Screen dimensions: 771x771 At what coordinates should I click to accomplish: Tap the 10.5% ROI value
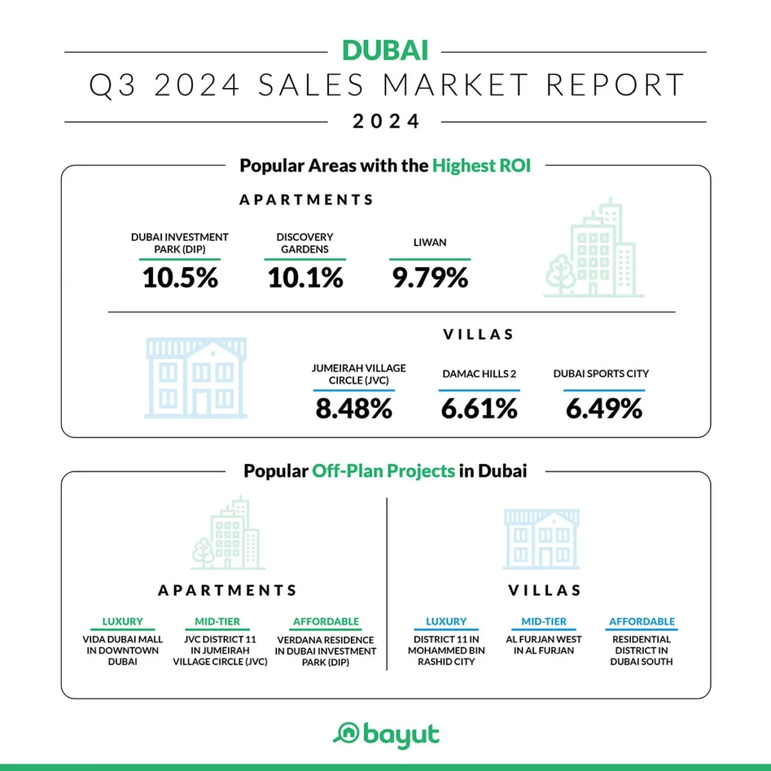pyautogui.click(x=180, y=278)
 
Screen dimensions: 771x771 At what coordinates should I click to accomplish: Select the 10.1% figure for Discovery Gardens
pyautogui.click(x=305, y=278)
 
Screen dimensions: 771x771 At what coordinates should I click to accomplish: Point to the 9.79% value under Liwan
pyautogui.click(x=430, y=278)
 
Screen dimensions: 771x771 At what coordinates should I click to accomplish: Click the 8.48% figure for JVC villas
pyautogui.click(x=354, y=409)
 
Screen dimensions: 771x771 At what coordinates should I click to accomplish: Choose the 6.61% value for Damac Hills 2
pyautogui.click(x=479, y=409)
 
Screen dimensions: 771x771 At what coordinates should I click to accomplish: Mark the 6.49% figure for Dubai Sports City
pyautogui.click(x=604, y=409)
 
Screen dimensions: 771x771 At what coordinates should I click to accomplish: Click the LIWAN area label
pyautogui.click(x=430, y=243)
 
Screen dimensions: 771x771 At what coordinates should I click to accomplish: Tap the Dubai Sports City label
pyautogui.click(x=601, y=373)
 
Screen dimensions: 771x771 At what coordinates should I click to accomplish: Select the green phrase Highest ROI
pyautogui.click(x=481, y=166)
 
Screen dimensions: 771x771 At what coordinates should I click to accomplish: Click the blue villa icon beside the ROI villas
pyautogui.click(x=196, y=378)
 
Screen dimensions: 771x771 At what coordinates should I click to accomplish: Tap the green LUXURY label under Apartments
pyautogui.click(x=122, y=622)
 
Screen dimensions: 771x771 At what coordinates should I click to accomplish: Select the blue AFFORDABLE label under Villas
pyautogui.click(x=641, y=622)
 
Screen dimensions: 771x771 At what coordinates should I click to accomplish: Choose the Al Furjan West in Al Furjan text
pyautogui.click(x=544, y=645)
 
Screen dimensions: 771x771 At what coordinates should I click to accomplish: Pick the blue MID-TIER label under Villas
pyautogui.click(x=544, y=622)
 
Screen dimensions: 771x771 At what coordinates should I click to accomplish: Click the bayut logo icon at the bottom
pyautogui.click(x=346, y=733)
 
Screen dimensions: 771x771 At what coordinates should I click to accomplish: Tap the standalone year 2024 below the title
pyautogui.click(x=385, y=120)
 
